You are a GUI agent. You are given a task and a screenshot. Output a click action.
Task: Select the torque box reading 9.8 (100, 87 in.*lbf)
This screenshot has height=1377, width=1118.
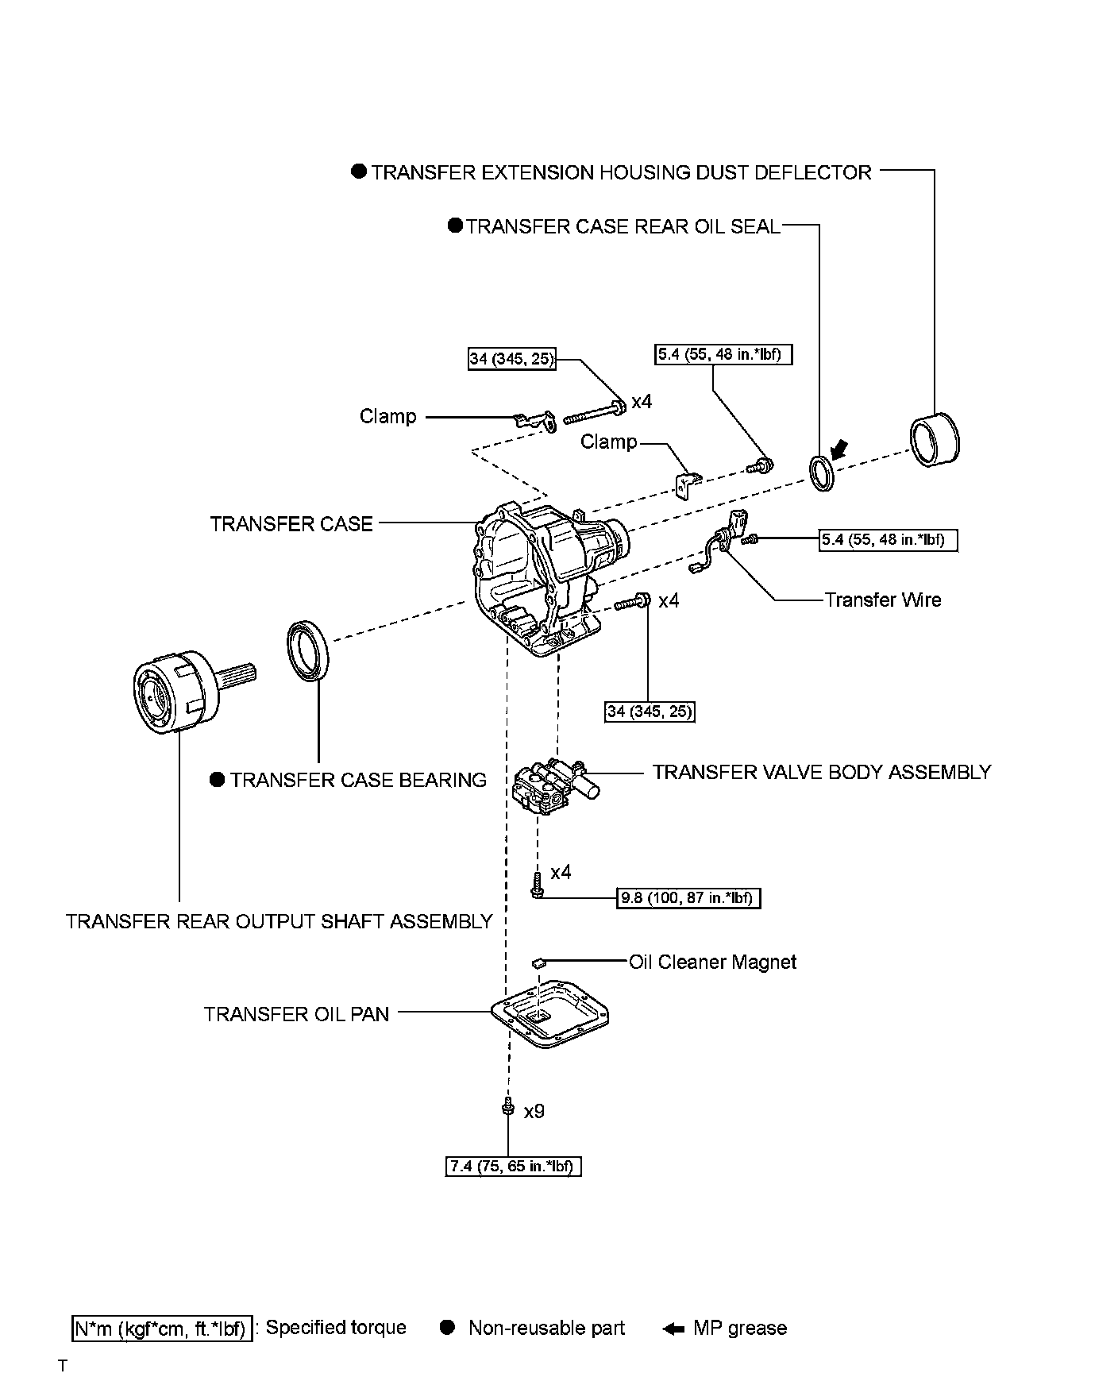click(x=688, y=898)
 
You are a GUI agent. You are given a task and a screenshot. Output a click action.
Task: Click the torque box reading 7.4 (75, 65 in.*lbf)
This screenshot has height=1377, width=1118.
click(x=513, y=1167)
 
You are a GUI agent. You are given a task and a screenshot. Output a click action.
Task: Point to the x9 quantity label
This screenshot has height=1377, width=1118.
click(x=534, y=1112)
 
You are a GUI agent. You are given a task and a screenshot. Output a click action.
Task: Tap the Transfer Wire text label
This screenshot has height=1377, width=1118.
click(x=882, y=600)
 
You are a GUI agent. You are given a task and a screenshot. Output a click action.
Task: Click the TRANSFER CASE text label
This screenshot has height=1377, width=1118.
click(x=291, y=523)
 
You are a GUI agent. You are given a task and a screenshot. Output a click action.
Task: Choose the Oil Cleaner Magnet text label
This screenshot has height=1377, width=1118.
click(x=712, y=962)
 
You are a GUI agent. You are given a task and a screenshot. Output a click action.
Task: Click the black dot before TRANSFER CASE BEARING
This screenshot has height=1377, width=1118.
click(x=218, y=780)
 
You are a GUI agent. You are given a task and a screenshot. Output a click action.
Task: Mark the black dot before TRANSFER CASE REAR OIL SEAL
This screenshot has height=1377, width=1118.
click(x=455, y=226)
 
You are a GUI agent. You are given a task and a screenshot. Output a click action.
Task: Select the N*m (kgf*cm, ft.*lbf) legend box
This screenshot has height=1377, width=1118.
click(x=162, y=1328)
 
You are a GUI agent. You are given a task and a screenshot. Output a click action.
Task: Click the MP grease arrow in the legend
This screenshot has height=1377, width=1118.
click(x=673, y=1329)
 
